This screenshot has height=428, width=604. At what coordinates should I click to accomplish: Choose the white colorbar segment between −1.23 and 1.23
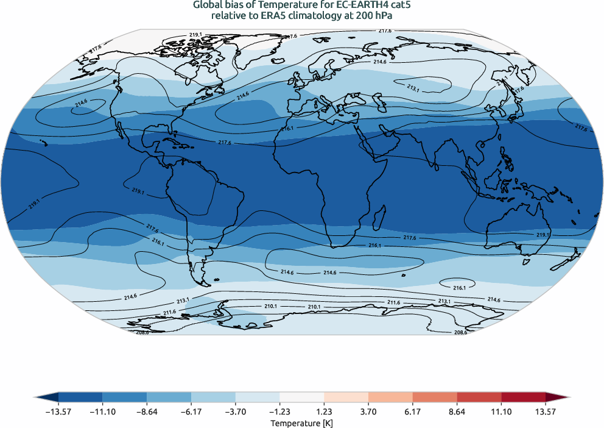(302, 397)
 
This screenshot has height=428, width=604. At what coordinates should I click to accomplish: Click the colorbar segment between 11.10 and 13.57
(523, 397)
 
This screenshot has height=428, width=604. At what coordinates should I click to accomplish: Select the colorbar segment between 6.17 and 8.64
(435, 397)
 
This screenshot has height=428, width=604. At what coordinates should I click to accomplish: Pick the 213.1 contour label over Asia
(413, 89)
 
